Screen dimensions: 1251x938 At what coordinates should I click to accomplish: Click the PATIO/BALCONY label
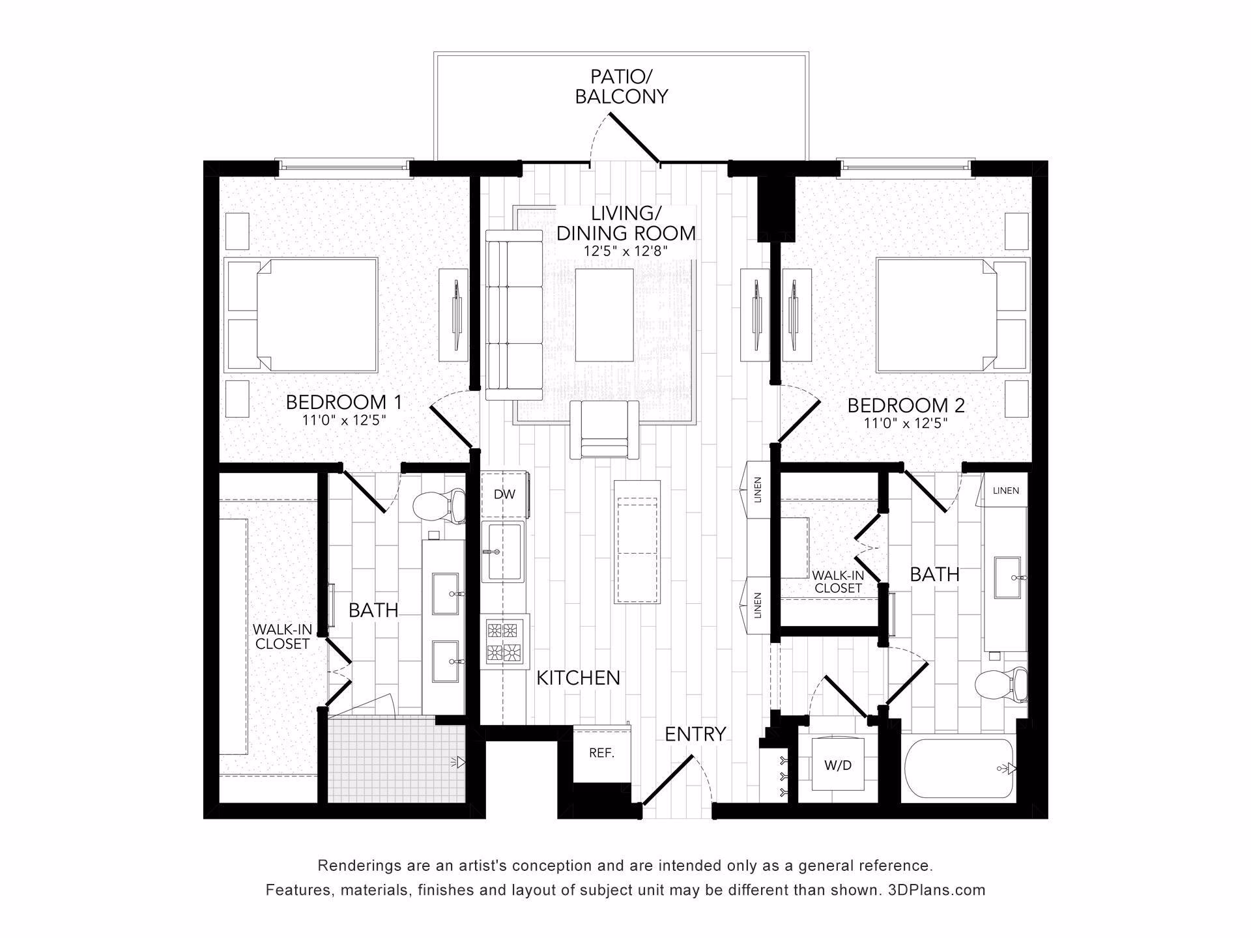tap(622, 87)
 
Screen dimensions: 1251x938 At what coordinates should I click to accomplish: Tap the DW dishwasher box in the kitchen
tap(505, 494)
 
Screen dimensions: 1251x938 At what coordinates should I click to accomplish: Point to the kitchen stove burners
tap(505, 642)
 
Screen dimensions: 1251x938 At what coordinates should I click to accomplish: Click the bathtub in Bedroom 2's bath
tap(959, 769)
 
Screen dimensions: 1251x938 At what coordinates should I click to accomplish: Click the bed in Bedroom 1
tap(301, 315)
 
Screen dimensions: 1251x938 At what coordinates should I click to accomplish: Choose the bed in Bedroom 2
tap(953, 315)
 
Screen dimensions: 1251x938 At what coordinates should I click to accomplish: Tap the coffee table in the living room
tap(604, 315)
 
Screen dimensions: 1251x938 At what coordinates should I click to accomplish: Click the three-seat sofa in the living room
tap(514, 315)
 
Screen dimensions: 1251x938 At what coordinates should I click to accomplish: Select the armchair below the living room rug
tap(603, 429)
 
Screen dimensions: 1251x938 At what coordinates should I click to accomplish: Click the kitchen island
tap(637, 541)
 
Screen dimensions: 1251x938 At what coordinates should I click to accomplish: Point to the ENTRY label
tap(695, 734)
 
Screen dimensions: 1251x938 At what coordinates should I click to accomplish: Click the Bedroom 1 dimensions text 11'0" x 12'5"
tap(344, 421)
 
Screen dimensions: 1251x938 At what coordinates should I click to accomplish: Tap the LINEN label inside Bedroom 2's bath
tap(1006, 490)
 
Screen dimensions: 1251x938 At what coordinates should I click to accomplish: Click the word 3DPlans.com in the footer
tap(936, 890)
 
